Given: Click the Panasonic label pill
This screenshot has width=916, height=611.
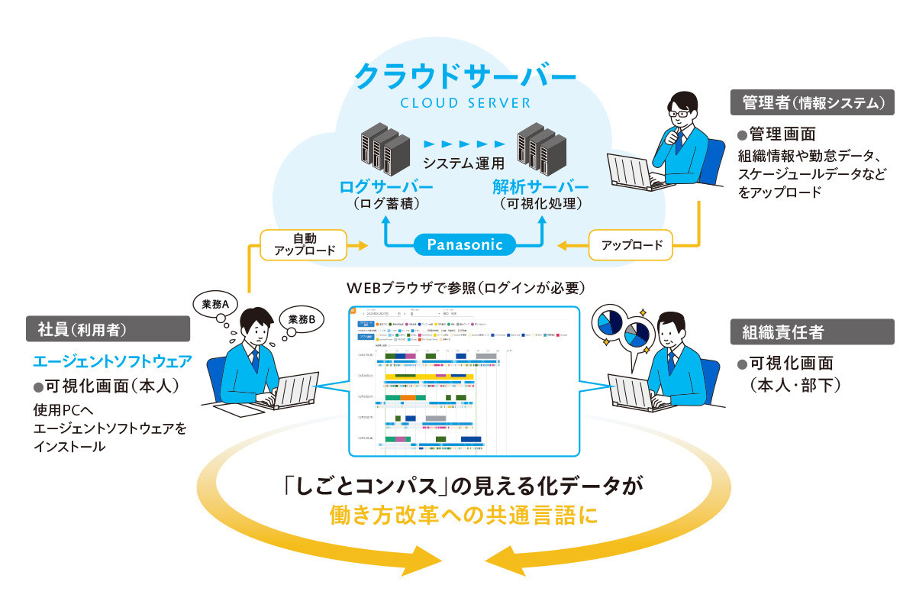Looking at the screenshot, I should [x=465, y=244].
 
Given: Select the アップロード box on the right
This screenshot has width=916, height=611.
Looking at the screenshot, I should [x=631, y=245].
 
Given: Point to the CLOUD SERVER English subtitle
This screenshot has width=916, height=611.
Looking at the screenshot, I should [x=465, y=103].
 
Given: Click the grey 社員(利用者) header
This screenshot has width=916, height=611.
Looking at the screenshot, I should [x=108, y=329].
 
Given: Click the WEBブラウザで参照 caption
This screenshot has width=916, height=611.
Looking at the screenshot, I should [x=465, y=288].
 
